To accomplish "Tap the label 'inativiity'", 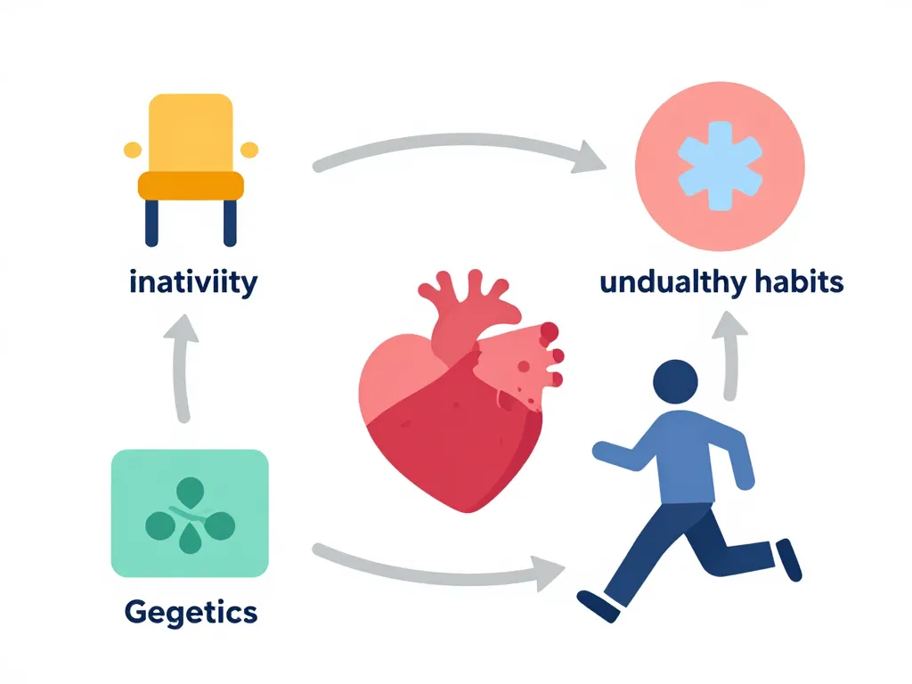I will (193, 283).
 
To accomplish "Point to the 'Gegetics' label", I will (191, 612).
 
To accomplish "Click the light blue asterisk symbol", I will (721, 167).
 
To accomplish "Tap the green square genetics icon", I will (190, 513).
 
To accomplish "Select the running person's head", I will (676, 381).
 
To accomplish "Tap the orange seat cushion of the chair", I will (191, 185).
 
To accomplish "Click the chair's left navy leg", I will (151, 222).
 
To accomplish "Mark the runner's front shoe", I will (597, 607).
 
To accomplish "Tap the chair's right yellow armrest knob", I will (249, 149).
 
